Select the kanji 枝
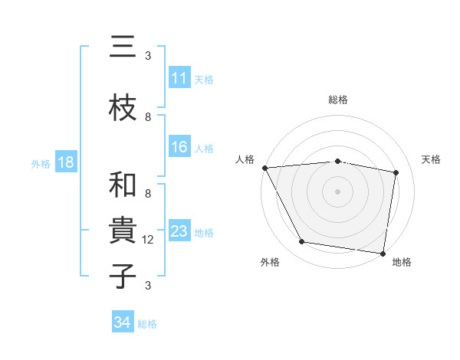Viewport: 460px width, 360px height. tap(123, 107)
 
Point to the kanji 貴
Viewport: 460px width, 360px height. tap(123, 231)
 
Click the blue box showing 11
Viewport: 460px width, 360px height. tap(179, 79)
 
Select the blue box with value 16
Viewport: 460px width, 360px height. tap(179, 148)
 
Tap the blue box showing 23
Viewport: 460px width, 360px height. tap(179, 231)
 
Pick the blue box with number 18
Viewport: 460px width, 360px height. tap(65, 163)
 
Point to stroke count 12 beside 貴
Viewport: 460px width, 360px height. tap(148, 241)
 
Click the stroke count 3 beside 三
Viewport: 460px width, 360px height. tap(148, 56)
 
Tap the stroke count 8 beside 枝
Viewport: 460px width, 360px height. tap(148, 117)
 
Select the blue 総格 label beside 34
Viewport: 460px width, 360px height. tap(147, 323)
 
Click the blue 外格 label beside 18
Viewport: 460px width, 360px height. tap(41, 163)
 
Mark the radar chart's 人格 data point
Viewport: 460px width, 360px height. tap(264, 168)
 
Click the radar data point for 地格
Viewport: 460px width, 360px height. tap(383, 253)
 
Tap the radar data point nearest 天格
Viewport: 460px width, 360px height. tap(396, 172)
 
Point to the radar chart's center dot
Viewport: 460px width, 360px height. tap(337, 191)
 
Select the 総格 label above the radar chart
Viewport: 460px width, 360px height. tap(337, 100)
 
